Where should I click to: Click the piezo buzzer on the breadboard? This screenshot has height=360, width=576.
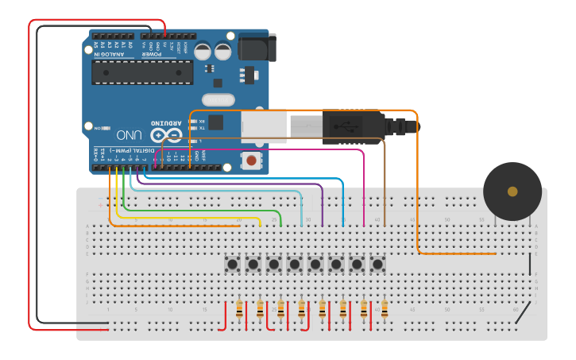tap(512, 192)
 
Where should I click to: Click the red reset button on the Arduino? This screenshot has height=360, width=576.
tap(252, 161)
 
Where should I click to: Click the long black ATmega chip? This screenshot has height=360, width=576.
tap(142, 72)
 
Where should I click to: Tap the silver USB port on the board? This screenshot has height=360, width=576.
tap(263, 126)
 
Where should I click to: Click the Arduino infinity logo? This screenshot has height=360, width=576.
tap(166, 135)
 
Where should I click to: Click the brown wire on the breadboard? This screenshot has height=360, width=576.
tap(385, 183)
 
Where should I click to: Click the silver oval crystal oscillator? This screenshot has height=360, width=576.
tap(218, 100)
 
